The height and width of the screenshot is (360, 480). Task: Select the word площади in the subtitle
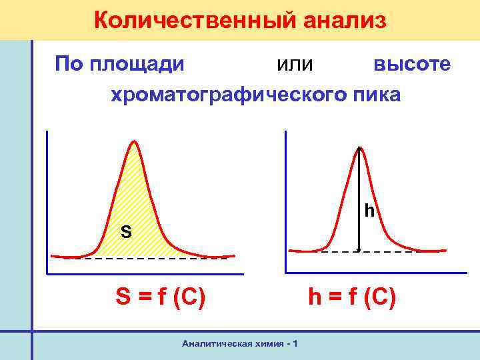tap(139, 64)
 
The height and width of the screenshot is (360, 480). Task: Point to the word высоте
tap(411, 64)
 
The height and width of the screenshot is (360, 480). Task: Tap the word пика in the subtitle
tap(377, 95)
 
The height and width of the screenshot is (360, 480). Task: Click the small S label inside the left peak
tap(125, 233)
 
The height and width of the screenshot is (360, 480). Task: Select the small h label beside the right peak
tap(369, 212)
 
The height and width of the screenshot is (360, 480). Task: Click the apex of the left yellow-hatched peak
tap(135, 141)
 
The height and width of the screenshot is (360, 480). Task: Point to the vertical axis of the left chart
tap(48, 200)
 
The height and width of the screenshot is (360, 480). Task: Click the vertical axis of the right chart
tap(285, 200)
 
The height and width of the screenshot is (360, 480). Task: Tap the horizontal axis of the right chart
tap(373, 273)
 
